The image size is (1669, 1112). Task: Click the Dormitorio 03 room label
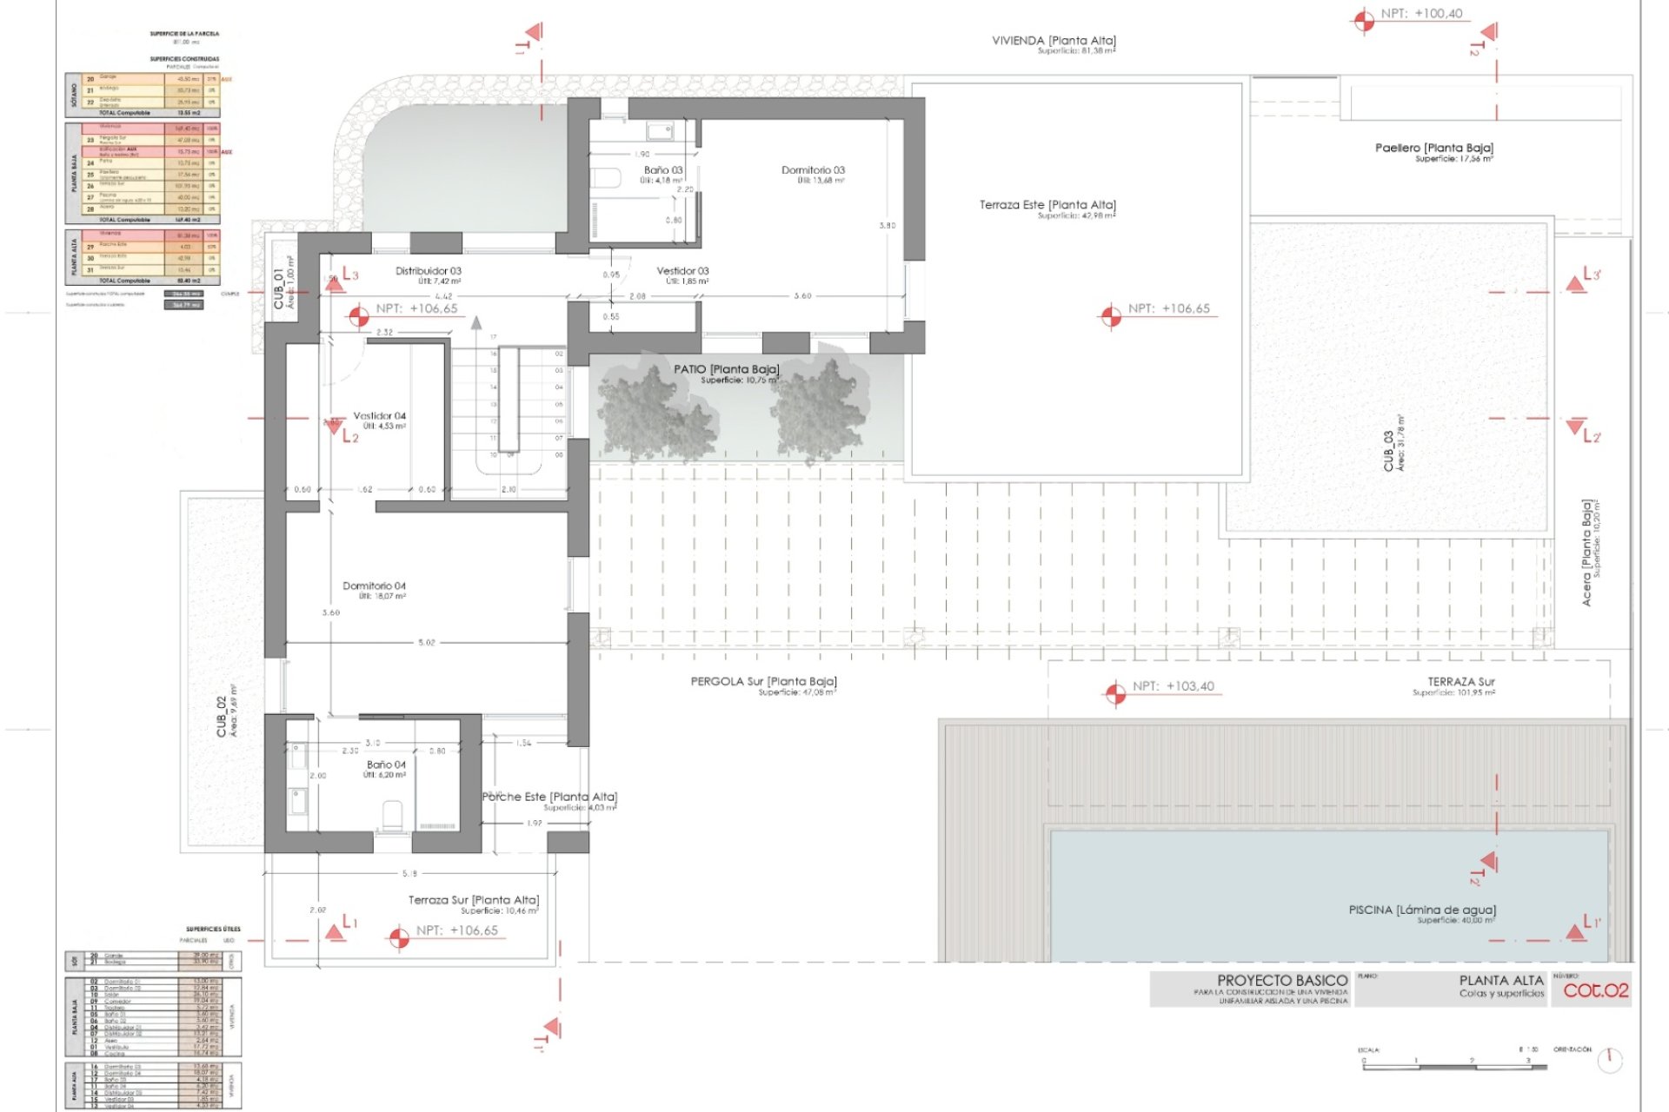[x=813, y=171]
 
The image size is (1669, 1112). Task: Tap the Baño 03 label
[x=662, y=171]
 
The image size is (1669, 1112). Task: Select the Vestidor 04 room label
[x=379, y=416]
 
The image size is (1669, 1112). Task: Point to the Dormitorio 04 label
[x=374, y=586]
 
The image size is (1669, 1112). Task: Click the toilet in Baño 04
[x=393, y=814]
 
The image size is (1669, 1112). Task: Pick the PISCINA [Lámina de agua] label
[x=1422, y=910]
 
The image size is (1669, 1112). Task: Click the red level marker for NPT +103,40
[x=1114, y=694]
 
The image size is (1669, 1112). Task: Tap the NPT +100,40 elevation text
[x=1422, y=14]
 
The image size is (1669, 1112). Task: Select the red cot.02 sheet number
[x=1595, y=990]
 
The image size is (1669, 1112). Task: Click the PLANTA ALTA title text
[x=1500, y=980]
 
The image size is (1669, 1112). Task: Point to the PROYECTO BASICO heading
[x=1281, y=980]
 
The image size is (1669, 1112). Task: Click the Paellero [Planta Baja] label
[x=1433, y=149]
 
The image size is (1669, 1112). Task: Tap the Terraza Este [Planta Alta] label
[x=1047, y=205]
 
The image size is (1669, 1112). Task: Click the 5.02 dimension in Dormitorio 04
[x=426, y=643]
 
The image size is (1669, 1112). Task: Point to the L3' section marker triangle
[x=1575, y=283]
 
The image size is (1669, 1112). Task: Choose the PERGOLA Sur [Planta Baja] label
[x=763, y=682]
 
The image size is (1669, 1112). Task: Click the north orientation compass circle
[x=1610, y=1059]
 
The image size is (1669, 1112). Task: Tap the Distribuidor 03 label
[x=428, y=271]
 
